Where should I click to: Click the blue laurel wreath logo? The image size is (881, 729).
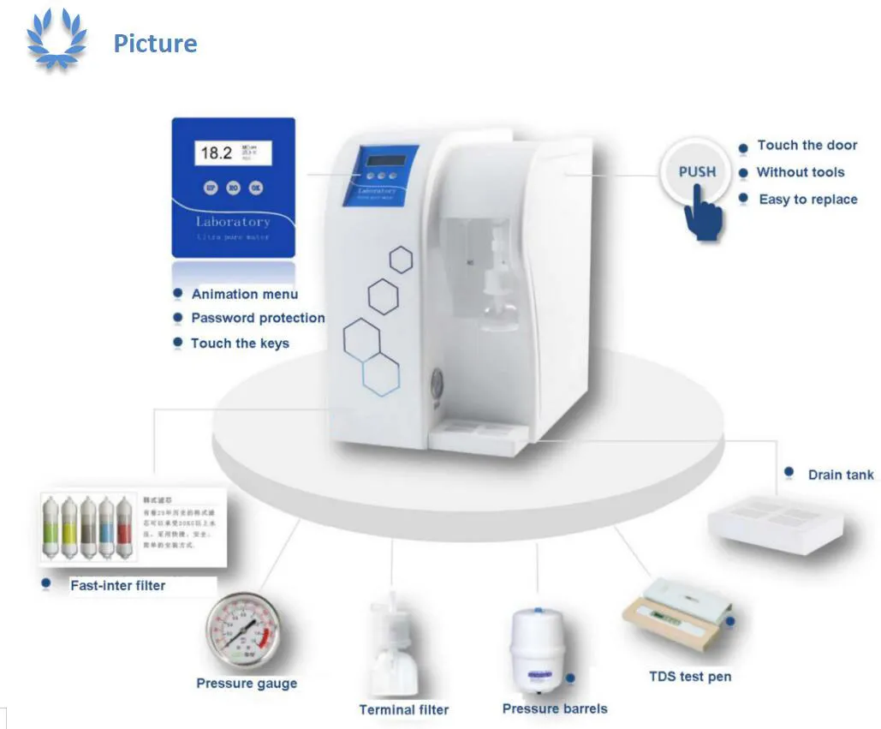coord(57,39)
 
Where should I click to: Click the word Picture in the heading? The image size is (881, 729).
coord(155,44)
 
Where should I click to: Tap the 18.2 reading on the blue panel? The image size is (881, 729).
coord(216,153)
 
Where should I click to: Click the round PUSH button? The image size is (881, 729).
coord(697,172)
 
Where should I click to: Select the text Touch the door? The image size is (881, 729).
coord(807,146)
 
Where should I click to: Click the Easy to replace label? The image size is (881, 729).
coord(807,200)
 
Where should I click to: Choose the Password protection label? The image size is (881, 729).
coord(258,318)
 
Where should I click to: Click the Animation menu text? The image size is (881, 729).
coord(245,294)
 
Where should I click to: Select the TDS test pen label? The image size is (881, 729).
coord(690,677)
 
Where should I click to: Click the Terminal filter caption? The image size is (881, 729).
coord(403,709)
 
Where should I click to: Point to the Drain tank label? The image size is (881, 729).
coord(840,475)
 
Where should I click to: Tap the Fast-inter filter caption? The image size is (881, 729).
coord(117,586)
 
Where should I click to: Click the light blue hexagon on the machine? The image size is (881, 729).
coord(381,375)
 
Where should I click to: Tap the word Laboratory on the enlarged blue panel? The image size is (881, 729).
coord(232,221)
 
